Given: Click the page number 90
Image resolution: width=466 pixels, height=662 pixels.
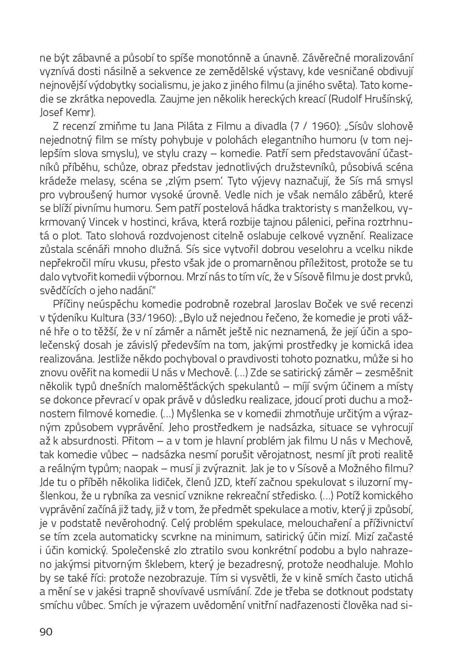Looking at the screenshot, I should [45, 632].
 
